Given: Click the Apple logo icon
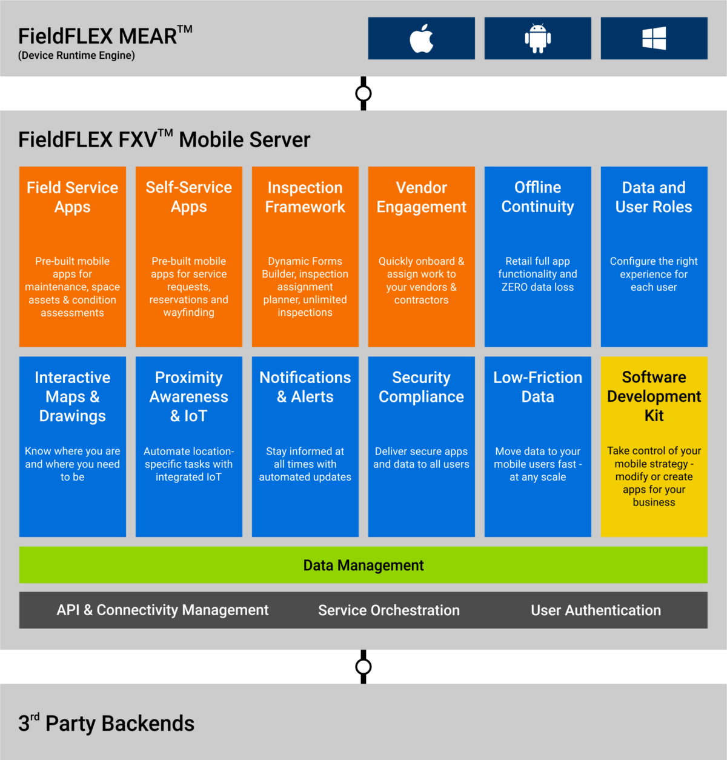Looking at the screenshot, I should (421, 38).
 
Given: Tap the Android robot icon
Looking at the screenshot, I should (537, 38).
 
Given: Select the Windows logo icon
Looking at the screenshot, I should (654, 38).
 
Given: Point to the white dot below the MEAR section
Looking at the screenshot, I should (363, 93).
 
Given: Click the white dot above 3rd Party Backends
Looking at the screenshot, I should (363, 667).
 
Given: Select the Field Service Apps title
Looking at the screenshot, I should (73, 197).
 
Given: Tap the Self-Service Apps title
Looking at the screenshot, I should (189, 197).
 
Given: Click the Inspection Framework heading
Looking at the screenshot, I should (305, 197).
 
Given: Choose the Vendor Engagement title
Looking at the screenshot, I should (422, 197).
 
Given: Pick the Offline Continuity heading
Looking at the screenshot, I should (538, 197).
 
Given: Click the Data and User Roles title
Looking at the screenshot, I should (654, 197).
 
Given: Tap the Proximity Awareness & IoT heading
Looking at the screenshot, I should (189, 396).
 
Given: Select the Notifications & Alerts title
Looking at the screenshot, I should (305, 387).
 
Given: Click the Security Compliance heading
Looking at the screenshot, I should (422, 387).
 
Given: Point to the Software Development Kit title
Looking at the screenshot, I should (654, 396).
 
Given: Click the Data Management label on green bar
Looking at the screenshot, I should (363, 565).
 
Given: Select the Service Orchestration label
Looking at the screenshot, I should (389, 610).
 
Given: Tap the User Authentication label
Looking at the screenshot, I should (596, 610).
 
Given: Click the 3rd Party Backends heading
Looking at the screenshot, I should (107, 724).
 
